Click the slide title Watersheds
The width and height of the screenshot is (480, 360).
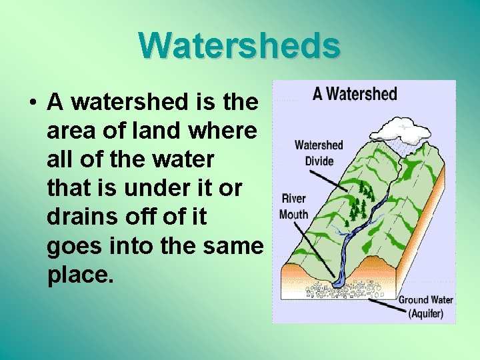click(240, 45)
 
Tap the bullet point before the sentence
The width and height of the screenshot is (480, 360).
click(32, 103)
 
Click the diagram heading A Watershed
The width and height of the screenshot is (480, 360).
click(355, 94)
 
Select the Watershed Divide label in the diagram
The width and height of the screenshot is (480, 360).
click(319, 153)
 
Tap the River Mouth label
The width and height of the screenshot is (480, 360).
click(294, 206)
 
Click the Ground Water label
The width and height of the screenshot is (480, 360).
click(425, 300)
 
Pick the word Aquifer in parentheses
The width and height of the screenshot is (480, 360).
click(425, 313)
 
